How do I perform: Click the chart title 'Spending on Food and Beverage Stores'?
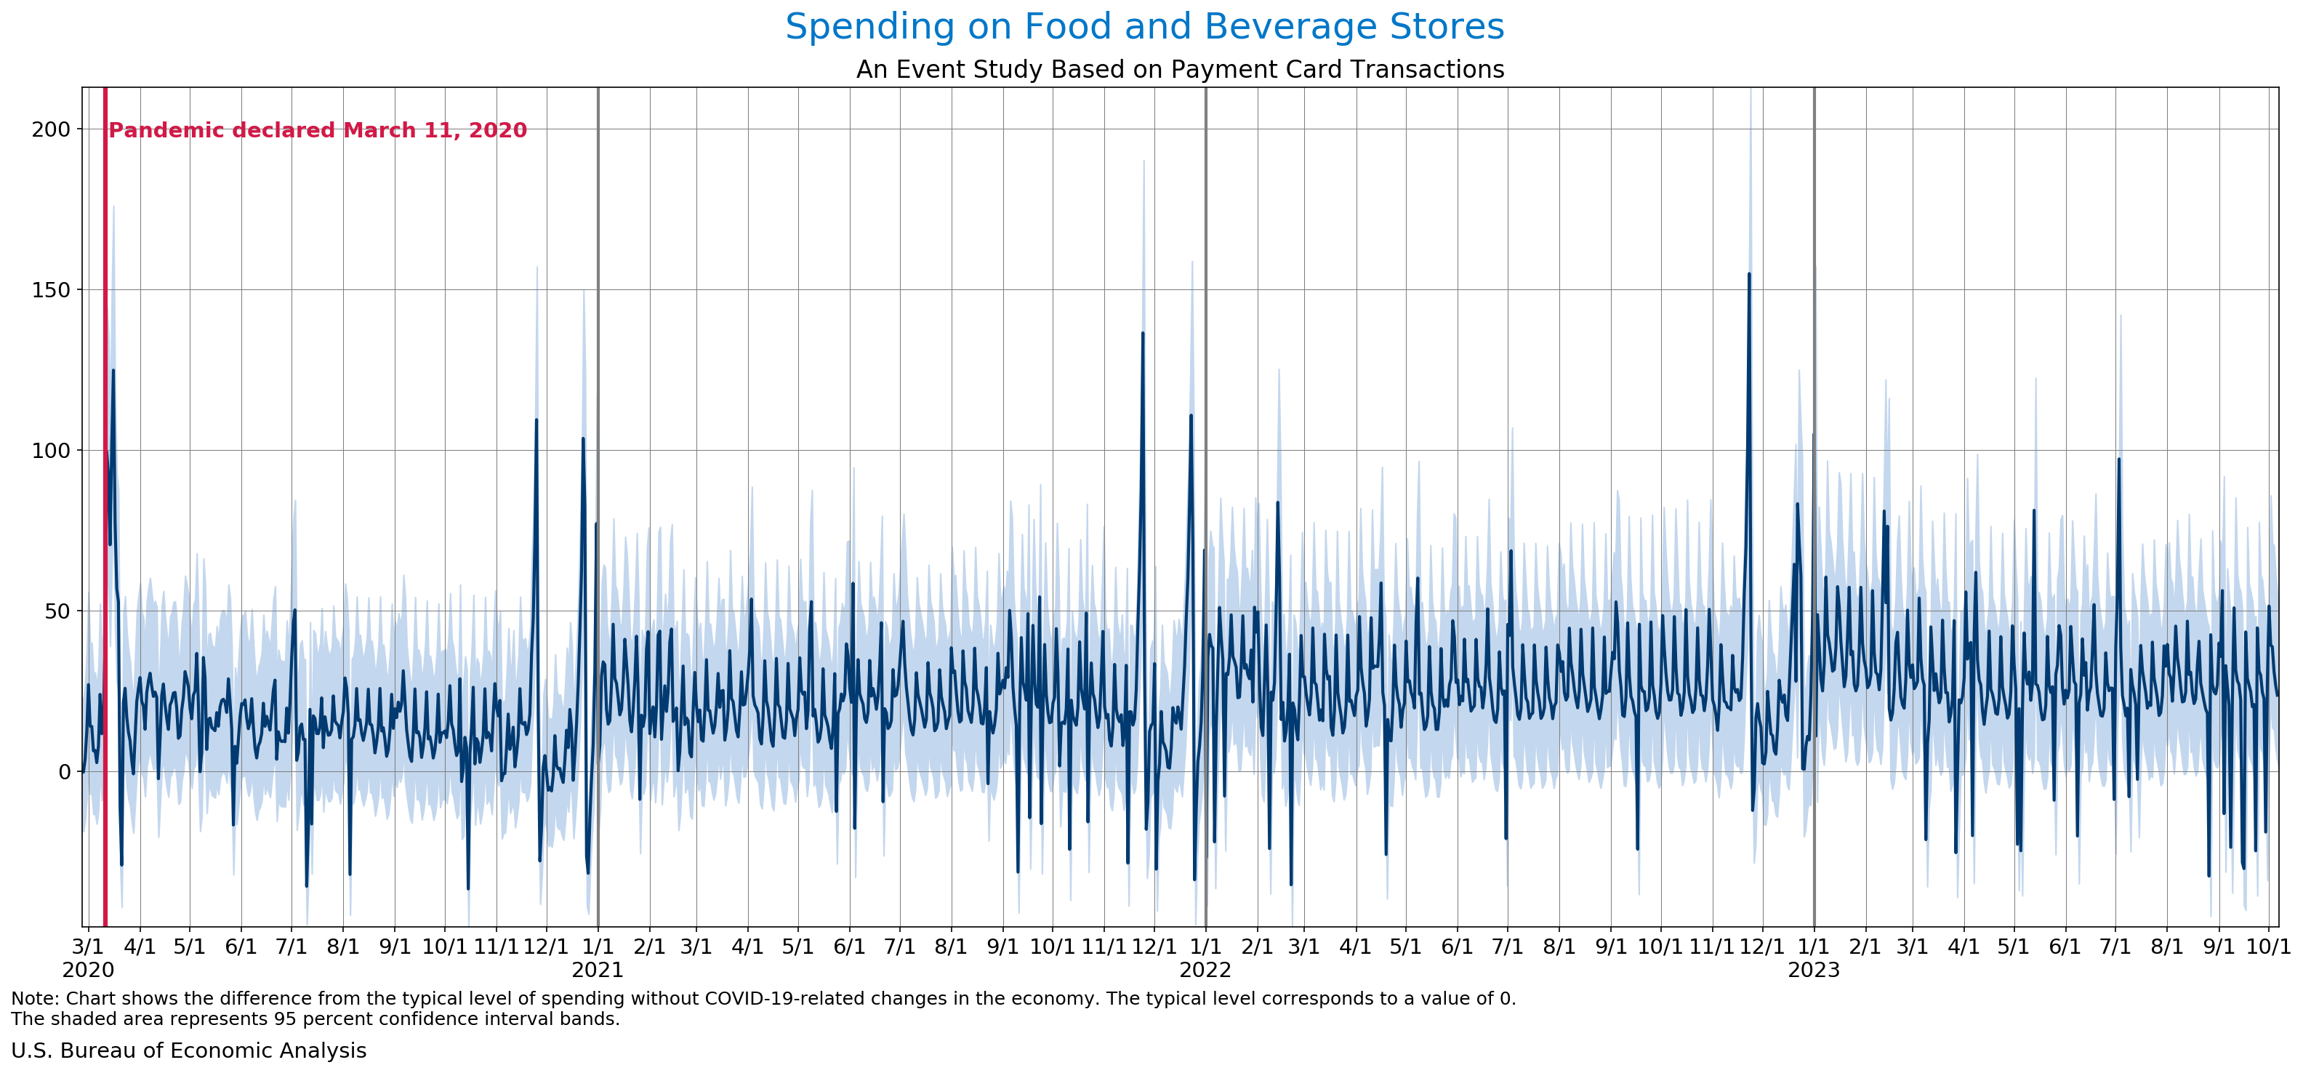(1144, 27)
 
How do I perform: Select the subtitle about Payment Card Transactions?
(1180, 70)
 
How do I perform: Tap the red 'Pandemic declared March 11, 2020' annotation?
(318, 131)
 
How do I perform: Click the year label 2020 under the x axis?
(88, 970)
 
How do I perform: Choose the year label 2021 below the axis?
(598, 970)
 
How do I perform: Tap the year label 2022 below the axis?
(1205, 970)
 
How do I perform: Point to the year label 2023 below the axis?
(1813, 970)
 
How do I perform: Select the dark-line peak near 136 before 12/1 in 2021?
(1143, 334)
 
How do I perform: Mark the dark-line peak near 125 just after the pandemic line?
(113, 371)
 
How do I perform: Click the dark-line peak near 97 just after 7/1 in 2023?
(2118, 459)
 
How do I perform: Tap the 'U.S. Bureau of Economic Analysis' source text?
(188, 1050)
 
